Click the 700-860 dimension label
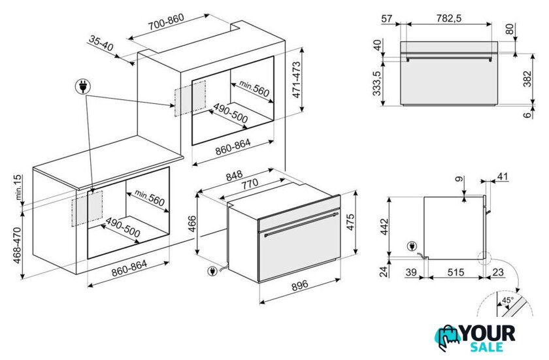[165, 22]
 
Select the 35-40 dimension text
[101, 43]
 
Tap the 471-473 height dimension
[296, 80]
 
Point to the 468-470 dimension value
[18, 246]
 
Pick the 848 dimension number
[234, 176]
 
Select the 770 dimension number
[248, 184]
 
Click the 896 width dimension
[300, 285]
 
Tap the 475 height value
[350, 221]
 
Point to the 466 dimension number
[192, 224]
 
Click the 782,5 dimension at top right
[448, 18]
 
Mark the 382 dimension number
[527, 78]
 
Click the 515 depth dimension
[456, 272]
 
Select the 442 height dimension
[384, 227]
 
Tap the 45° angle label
[508, 300]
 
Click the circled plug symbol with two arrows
[83, 86]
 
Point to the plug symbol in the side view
[412, 246]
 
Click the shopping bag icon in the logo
[448, 337]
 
